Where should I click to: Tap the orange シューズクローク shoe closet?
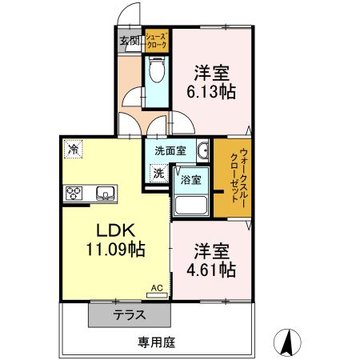(156, 41)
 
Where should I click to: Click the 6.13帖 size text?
(211, 92)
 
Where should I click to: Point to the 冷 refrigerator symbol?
(73, 149)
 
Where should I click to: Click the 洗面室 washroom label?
(170, 150)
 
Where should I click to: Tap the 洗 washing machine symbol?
(158, 172)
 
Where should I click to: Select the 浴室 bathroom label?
(190, 180)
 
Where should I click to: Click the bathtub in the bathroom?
(191, 206)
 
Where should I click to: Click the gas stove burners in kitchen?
(74, 193)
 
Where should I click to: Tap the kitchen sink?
(105, 193)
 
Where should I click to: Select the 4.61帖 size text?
(211, 269)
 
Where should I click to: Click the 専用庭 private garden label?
(156, 342)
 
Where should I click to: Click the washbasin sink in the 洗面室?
(202, 150)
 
